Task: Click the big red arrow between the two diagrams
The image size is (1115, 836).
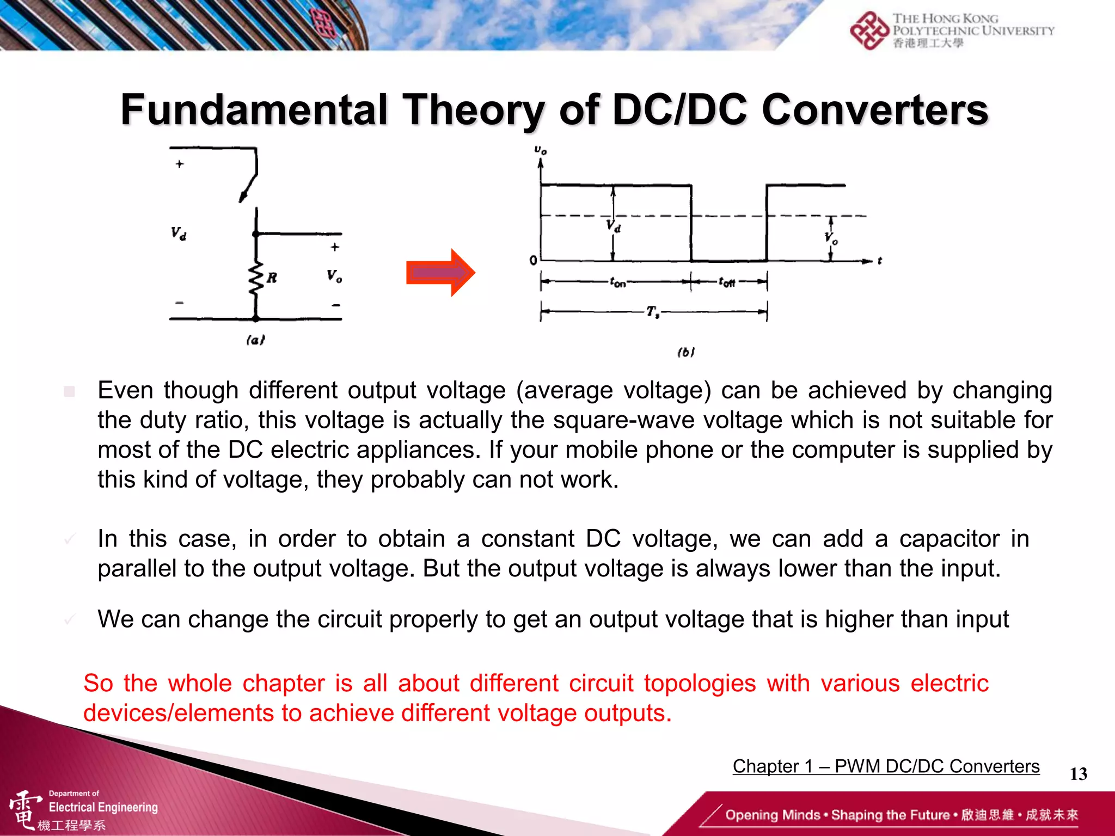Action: [440, 273]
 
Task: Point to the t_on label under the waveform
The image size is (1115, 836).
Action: [618, 282]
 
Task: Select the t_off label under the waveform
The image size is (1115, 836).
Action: [727, 282]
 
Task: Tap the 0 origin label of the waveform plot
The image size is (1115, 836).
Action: [533, 261]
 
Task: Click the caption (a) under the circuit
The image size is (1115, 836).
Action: [255, 340]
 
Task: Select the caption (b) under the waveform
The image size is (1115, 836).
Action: [686, 352]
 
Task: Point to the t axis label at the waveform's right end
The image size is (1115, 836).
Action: [879, 261]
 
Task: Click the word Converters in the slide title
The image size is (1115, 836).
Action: [874, 110]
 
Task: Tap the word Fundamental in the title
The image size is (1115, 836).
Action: [254, 110]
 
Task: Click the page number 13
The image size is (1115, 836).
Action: [1078, 774]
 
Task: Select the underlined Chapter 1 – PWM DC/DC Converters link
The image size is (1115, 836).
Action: [886, 766]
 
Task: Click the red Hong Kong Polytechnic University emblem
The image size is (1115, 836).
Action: [869, 31]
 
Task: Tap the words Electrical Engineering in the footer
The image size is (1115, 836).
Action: [103, 807]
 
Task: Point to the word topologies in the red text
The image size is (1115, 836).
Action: [700, 684]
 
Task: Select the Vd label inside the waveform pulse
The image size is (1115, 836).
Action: [614, 226]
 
